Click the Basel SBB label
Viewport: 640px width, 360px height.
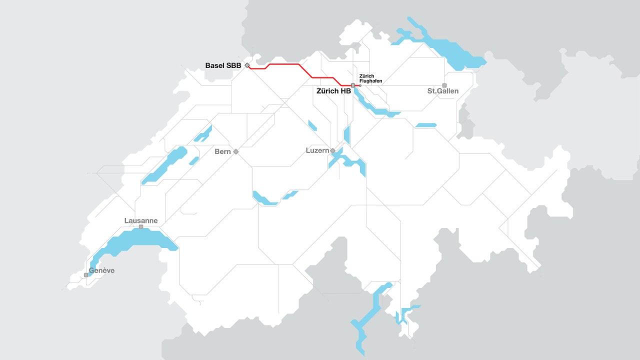click(x=223, y=65)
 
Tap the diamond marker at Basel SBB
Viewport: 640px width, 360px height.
click(x=247, y=65)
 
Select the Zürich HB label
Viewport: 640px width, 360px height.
click(x=333, y=91)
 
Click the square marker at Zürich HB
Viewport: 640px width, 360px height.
click(x=353, y=85)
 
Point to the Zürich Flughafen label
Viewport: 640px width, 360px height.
click(x=370, y=78)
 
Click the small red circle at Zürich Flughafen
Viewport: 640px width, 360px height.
click(x=360, y=85)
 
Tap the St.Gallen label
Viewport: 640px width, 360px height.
click(x=442, y=91)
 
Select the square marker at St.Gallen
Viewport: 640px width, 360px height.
click(x=444, y=85)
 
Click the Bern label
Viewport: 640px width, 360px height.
click(x=222, y=151)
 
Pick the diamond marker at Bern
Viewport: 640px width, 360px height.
click(x=236, y=151)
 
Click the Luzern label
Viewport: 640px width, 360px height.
click(x=317, y=150)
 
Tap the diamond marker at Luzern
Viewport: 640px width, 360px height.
click(x=332, y=150)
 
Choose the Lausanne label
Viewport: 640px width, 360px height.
click(x=141, y=220)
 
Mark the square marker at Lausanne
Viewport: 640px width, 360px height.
click(x=141, y=227)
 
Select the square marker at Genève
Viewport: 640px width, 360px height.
click(x=86, y=275)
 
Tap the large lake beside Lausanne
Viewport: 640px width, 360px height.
click(x=135, y=240)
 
